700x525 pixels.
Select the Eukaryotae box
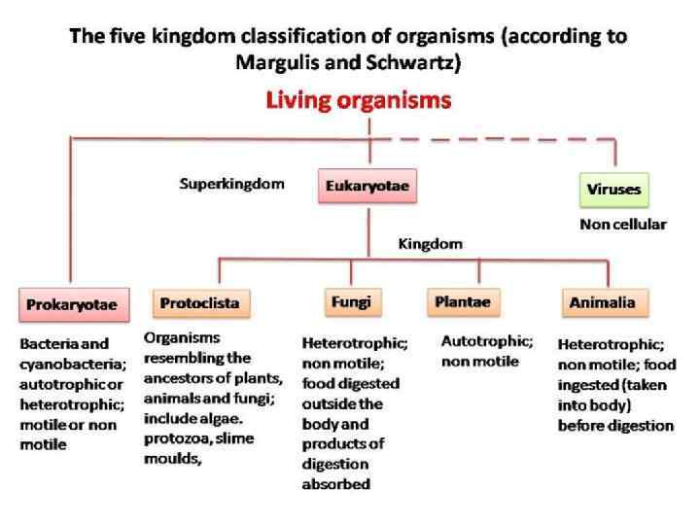pos(367,185)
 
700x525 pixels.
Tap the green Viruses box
pos(614,189)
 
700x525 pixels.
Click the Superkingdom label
pos(231,183)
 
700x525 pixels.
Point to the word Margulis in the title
pos(276,61)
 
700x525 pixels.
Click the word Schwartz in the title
pos(413,61)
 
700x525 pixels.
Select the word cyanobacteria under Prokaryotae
pos(65,363)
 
